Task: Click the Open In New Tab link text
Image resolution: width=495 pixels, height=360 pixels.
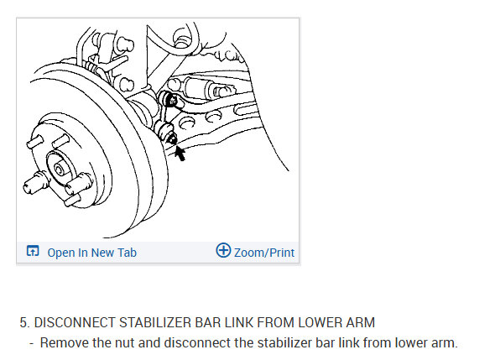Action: (91, 253)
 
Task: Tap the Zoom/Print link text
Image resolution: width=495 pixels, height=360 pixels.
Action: (264, 253)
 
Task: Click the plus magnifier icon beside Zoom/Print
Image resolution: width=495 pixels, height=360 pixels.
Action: (223, 250)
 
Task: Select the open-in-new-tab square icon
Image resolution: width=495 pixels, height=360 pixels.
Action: (33, 251)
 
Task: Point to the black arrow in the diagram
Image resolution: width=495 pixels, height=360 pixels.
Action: (180, 154)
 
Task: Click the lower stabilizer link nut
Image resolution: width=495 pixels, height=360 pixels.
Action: (172, 139)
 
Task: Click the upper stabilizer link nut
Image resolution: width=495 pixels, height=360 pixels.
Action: (172, 101)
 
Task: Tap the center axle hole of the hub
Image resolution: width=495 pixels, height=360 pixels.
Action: (60, 170)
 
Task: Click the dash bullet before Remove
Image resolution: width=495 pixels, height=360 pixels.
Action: (32, 343)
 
